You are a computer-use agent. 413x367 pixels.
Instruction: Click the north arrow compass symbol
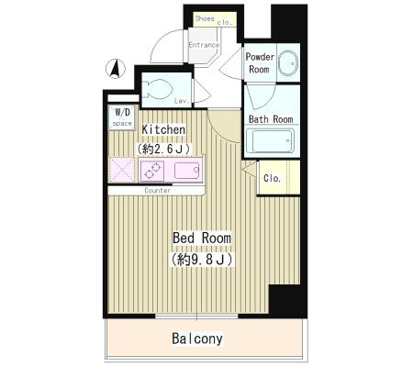tap(116, 69)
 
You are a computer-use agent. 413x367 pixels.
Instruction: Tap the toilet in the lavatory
tap(158, 89)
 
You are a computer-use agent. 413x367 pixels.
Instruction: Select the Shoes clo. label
tap(214, 20)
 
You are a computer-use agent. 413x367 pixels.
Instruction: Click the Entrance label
tap(204, 45)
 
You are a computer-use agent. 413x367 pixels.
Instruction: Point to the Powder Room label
tap(260, 63)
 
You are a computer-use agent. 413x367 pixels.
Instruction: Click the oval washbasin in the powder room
tap(289, 63)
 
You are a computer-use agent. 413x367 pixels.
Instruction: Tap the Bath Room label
tap(271, 119)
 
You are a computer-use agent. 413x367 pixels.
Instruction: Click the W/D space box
tap(122, 117)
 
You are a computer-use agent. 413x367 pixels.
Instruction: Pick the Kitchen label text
tap(163, 129)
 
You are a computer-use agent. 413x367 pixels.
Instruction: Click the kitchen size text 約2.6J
tap(163, 149)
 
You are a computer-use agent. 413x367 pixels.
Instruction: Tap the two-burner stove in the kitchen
tap(152, 171)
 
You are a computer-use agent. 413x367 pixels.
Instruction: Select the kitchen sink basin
tap(187, 171)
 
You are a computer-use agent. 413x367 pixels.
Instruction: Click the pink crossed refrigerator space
tap(122, 170)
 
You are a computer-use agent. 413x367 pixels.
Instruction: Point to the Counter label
tap(158, 191)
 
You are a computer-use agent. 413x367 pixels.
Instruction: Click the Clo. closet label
tap(272, 178)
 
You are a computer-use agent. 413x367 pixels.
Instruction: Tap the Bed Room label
tap(202, 238)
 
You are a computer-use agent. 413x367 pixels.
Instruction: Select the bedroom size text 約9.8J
tap(202, 260)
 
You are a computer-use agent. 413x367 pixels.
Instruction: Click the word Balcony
tap(197, 339)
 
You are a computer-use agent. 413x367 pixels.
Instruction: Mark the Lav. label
tap(182, 101)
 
